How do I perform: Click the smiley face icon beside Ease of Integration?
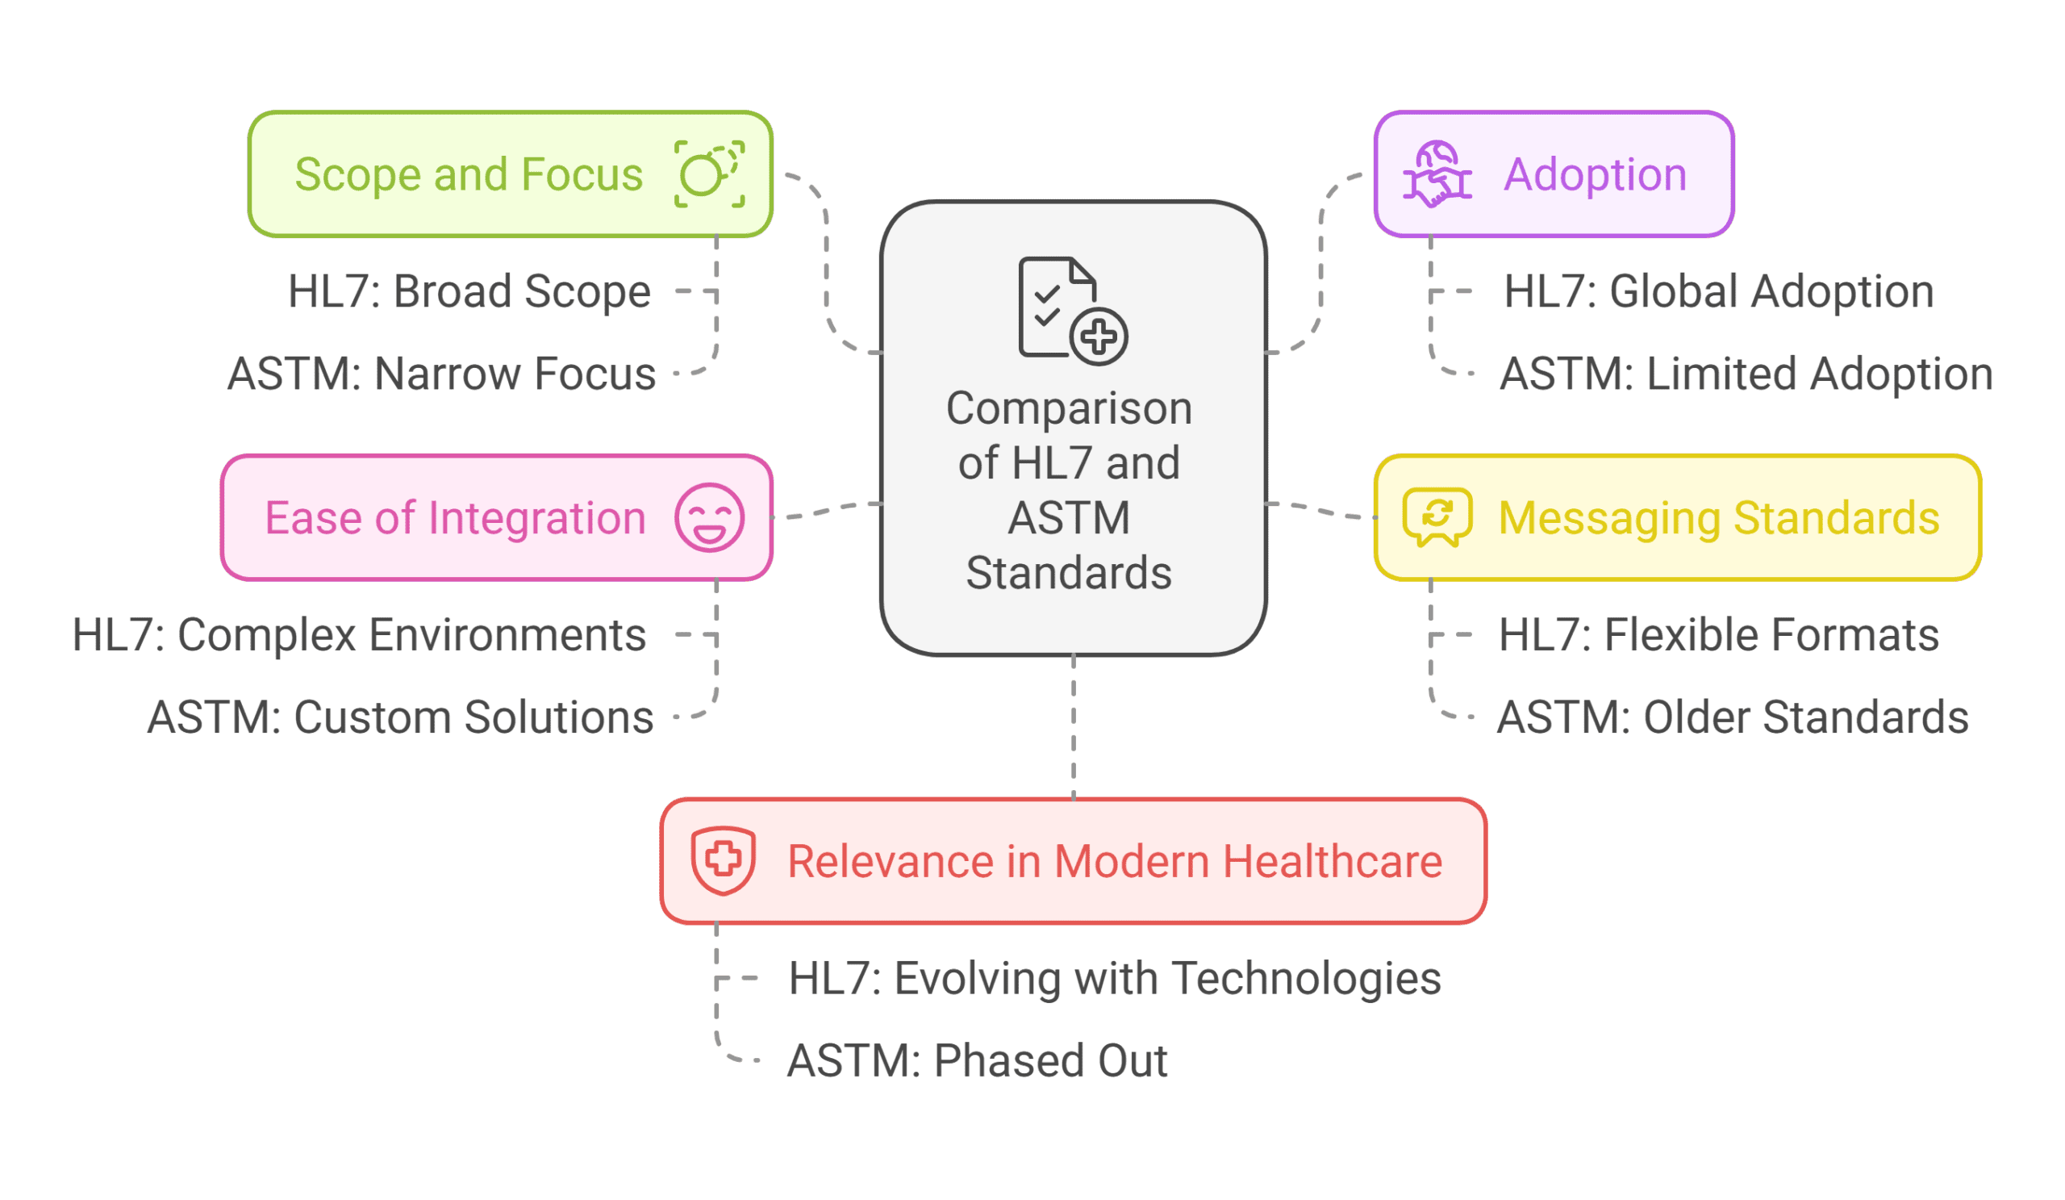709,517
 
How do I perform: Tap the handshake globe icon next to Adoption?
1437,174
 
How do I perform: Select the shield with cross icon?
723,859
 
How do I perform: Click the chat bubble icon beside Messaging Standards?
1437,517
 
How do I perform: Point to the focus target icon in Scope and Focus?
709,174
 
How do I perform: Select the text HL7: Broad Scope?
469,291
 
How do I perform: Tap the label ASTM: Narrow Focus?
441,374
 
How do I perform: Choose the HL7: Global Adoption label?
1718,291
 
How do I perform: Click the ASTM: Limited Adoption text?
1746,374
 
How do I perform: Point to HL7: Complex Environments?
359,634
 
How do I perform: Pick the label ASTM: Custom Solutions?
400,717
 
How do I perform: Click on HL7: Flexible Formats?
1718,634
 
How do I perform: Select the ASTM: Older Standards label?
1733,717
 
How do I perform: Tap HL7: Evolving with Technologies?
1115,978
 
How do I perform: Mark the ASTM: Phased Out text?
977,1060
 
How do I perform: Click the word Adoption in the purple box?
1595,174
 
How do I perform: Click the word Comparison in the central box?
1069,408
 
